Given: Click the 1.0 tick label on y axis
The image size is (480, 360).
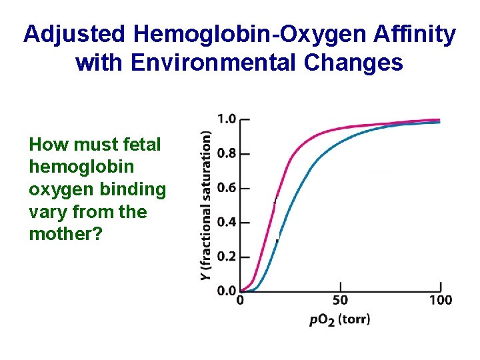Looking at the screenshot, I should pos(227,119).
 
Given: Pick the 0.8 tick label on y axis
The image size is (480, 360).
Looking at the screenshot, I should pos(227,153).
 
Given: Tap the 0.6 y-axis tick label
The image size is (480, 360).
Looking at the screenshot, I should pos(227,188).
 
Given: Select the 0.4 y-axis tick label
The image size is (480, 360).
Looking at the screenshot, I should pos(227,222).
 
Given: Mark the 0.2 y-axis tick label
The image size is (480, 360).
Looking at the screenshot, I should pos(227,257).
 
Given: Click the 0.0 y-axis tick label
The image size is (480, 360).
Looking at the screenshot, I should pos(227,291).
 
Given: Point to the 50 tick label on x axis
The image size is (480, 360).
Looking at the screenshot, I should pos(340,300).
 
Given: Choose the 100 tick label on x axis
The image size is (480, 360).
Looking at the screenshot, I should pos(441,300).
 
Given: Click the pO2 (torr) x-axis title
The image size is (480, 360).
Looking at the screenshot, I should pos(339,319).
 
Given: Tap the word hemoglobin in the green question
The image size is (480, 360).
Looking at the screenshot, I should pos(81,167).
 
